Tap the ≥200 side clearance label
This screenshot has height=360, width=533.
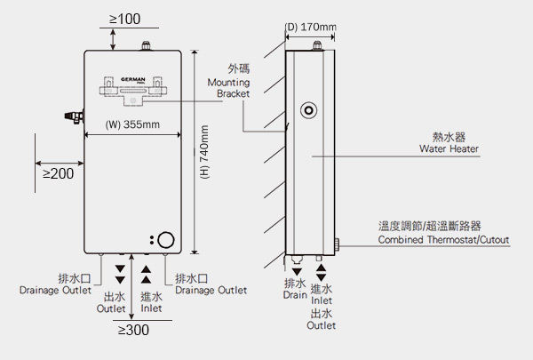(x=58, y=173)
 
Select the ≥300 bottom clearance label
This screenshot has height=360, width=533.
(x=133, y=331)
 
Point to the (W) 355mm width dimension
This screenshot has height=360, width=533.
(x=132, y=124)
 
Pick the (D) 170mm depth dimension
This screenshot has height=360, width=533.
(x=310, y=27)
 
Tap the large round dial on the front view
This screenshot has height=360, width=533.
(x=168, y=240)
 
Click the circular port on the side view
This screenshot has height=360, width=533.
(x=308, y=110)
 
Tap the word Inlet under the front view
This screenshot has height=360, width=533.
(x=151, y=308)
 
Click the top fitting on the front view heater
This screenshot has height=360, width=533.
(x=144, y=45)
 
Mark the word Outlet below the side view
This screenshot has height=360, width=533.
(x=321, y=325)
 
